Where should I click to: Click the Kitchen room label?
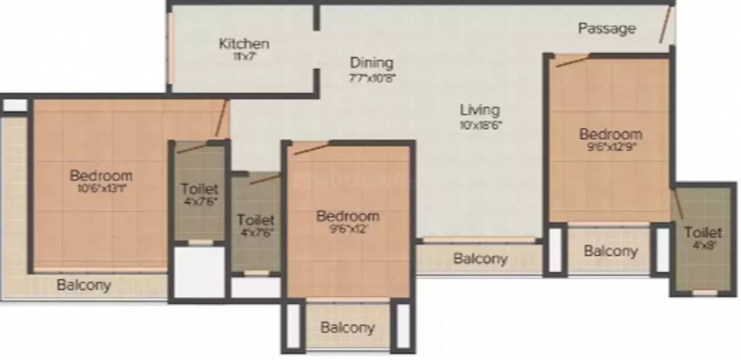point(244,43)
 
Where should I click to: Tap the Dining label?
point(372,63)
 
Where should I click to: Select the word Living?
point(480,110)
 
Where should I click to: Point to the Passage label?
point(607,28)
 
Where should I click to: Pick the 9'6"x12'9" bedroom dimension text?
point(611,147)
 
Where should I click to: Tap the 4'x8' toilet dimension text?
point(703,245)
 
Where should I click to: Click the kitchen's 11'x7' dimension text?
point(244,55)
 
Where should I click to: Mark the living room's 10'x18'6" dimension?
point(480,125)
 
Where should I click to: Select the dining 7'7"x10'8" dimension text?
point(372,77)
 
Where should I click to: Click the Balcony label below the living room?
point(480,258)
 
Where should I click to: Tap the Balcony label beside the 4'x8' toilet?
point(611,251)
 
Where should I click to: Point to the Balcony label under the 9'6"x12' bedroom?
point(348,327)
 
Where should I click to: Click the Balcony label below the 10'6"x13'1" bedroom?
point(84,285)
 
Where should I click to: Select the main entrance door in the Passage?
point(666,25)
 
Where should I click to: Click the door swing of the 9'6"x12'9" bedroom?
point(572,60)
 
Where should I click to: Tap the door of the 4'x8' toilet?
point(678,203)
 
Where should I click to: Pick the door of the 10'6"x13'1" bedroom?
point(221,120)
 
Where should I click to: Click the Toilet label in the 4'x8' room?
point(703,232)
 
